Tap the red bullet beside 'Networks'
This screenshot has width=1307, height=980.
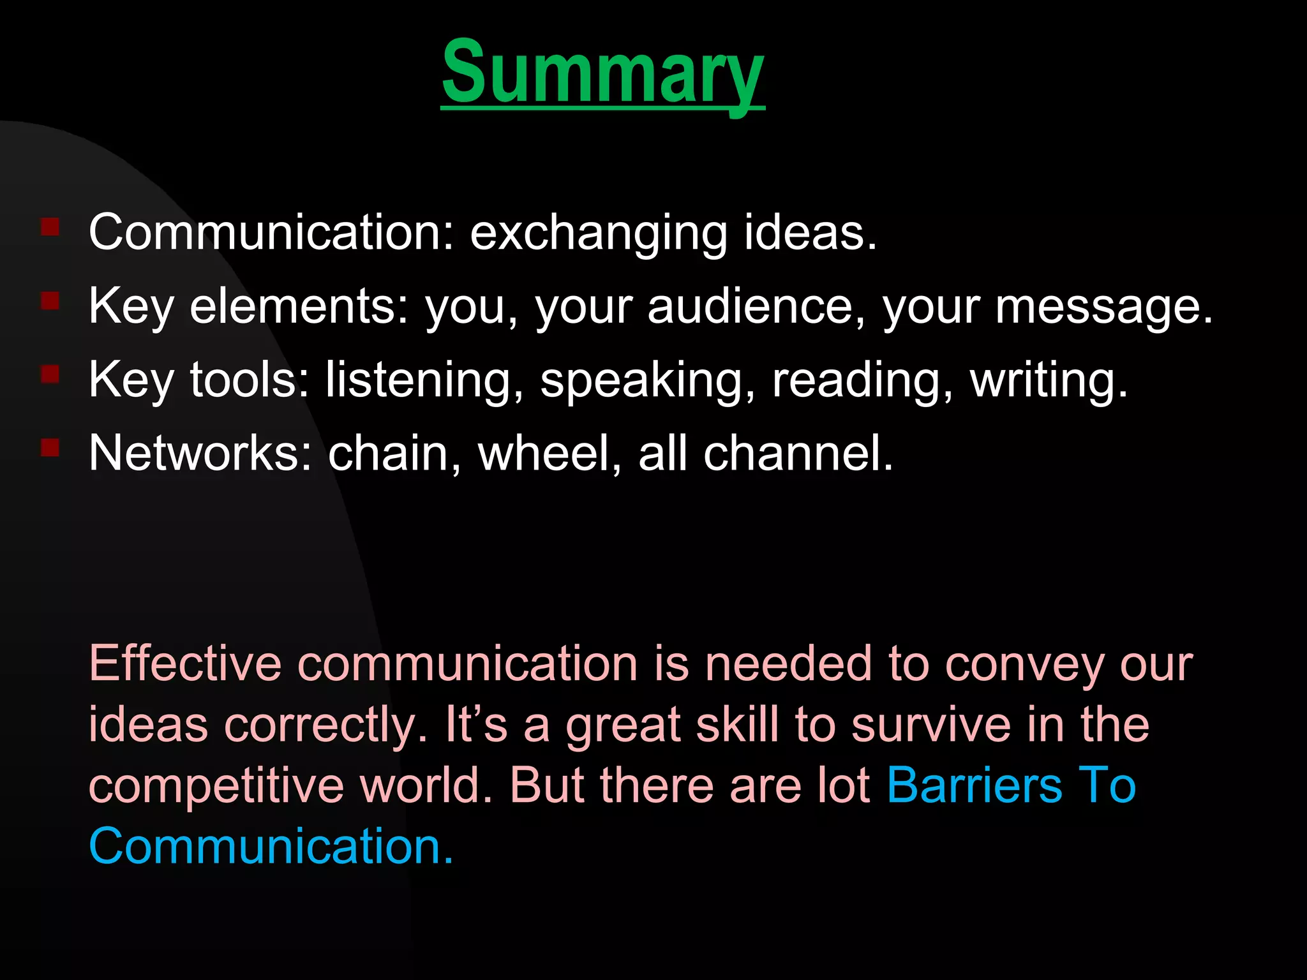click(x=50, y=447)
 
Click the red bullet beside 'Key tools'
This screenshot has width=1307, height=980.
click(x=50, y=374)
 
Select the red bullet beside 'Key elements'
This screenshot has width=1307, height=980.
click(x=50, y=301)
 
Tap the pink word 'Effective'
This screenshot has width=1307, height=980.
click(x=185, y=664)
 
